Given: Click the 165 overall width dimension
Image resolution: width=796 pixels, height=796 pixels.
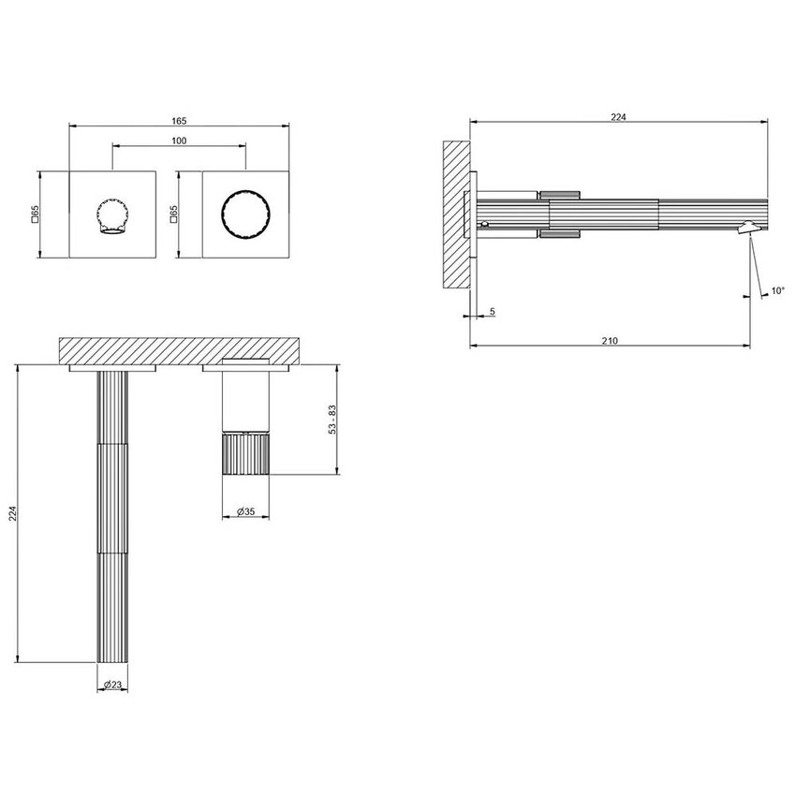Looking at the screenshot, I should [180, 121].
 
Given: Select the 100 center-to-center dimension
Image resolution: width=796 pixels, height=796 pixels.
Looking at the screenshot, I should [179, 140].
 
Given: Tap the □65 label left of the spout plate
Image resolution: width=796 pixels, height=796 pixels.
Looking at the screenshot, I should [35, 214].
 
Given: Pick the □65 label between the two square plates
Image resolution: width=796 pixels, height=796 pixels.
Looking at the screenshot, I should [173, 214].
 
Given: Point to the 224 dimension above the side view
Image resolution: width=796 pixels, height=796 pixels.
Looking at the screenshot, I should [618, 116].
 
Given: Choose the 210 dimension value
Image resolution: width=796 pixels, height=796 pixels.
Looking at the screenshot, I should [609, 340].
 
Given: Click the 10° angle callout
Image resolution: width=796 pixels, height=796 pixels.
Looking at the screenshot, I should [777, 291].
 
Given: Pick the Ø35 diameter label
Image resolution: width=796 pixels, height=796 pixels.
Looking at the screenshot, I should [245, 512].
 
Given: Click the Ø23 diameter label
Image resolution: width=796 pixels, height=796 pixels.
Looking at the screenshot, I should [112, 685].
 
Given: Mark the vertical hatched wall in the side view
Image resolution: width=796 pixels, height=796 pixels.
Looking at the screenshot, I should [455, 214].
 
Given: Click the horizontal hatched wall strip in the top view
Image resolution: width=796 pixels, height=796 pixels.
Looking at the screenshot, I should [178, 350].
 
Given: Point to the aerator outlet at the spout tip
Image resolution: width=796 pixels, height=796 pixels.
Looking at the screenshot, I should [748, 227].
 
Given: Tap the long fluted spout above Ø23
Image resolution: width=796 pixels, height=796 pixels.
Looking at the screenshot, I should [112, 515].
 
